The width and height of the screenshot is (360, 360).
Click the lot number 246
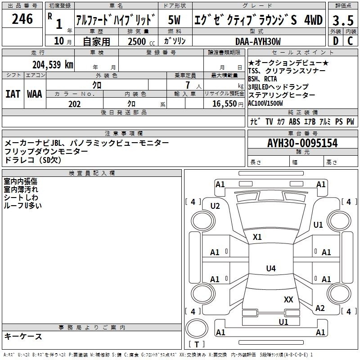point(22,19)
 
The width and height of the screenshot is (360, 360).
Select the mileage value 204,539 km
point(53,64)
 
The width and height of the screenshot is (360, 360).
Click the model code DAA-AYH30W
point(258,41)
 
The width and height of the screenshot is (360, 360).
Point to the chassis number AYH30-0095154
point(302,143)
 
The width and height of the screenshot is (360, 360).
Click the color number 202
point(74,104)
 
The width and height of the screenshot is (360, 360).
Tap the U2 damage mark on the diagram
point(215,206)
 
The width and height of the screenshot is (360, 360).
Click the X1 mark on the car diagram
point(257,237)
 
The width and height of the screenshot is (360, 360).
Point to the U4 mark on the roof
point(270,269)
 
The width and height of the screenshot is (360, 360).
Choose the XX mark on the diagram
point(288,299)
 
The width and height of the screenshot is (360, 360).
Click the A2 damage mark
point(320,308)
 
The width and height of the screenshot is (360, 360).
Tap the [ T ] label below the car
point(197,345)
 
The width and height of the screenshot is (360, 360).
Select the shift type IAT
point(13,94)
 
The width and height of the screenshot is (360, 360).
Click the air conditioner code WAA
point(35,94)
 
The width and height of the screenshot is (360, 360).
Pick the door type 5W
point(174,21)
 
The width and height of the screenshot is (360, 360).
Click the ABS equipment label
point(294,122)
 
